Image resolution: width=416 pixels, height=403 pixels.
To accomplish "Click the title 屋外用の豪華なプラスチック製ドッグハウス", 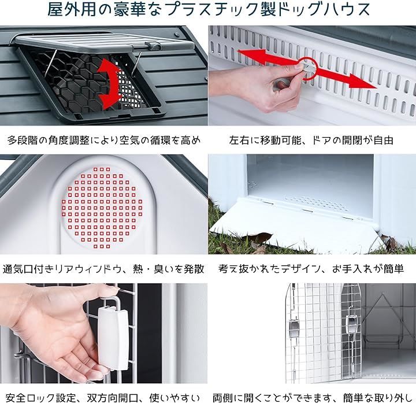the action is (x=209, y=10).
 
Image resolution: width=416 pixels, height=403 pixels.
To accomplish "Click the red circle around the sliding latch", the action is (x=309, y=68).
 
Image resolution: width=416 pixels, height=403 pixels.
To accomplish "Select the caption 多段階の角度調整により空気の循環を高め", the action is (x=104, y=140).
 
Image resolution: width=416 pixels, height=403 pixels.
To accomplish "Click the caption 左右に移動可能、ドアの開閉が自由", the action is (x=311, y=140).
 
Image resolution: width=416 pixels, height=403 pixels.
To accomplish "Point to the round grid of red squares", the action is (x=102, y=208).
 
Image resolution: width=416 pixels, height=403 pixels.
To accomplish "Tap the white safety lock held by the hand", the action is (x=113, y=338).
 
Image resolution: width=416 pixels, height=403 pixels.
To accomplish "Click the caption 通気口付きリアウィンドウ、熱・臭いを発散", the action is (x=103, y=269).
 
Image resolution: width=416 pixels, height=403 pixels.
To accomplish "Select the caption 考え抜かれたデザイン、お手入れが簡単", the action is (x=311, y=269).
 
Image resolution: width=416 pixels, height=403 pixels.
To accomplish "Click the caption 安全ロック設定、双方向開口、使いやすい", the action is (x=102, y=398).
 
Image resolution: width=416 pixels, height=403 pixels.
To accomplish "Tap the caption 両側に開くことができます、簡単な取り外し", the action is (x=312, y=398).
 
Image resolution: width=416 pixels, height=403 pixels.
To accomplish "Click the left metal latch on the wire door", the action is (x=294, y=328).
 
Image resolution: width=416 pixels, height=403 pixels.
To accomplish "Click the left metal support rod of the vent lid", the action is (x=51, y=62).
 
